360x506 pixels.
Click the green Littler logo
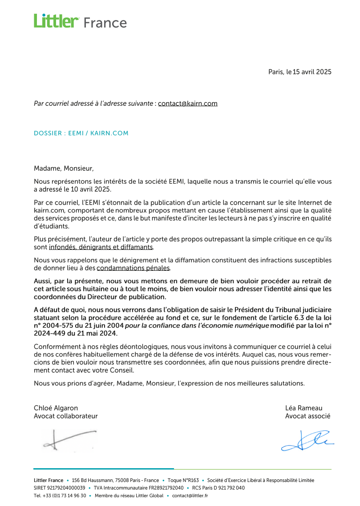57,21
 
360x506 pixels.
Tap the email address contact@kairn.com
188,104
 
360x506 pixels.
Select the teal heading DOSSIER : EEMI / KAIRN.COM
81,133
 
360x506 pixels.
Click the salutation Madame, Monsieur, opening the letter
64,169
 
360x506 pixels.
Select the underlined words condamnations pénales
133,268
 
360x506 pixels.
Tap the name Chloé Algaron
56,408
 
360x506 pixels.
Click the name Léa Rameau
304,408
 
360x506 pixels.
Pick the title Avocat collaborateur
66,417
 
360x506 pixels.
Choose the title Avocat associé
308,417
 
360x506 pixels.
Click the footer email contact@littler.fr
190,496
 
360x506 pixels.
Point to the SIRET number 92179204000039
66,488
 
